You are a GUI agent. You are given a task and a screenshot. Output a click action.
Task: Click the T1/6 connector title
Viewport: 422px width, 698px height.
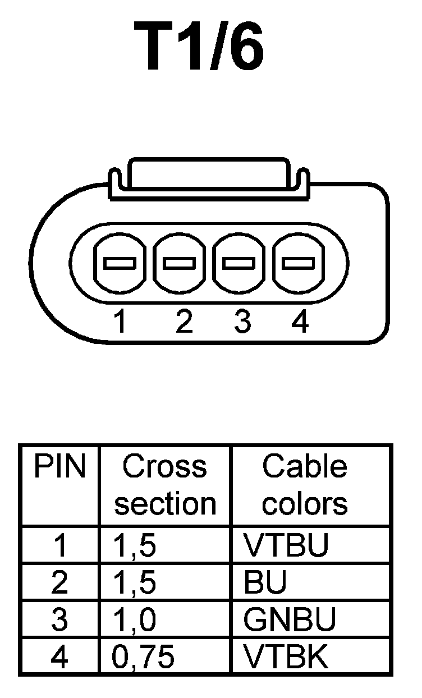[200, 47]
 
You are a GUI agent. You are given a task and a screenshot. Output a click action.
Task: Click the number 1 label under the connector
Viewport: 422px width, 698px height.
[120, 322]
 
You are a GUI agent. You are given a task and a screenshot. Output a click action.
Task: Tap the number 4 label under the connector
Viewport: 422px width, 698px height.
[300, 322]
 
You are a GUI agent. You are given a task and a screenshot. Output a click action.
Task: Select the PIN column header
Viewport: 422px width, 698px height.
[59, 467]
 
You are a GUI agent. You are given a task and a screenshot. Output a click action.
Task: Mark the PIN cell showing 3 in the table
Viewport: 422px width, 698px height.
[59, 620]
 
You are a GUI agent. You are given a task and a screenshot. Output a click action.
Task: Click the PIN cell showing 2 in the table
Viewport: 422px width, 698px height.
[59, 583]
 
